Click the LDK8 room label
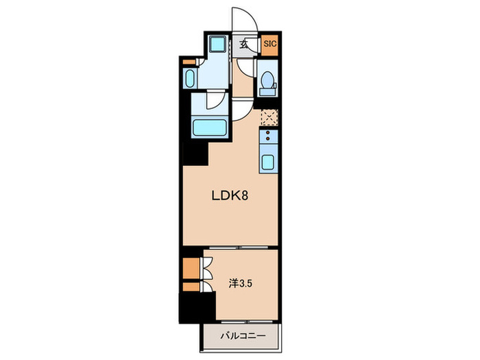coord(230,195)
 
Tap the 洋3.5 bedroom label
coord(241,284)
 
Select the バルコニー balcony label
coord(243,336)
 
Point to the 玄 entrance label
coord(244,45)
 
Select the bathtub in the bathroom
coord(210,128)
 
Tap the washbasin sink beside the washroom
coord(190,78)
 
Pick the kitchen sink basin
coord(267,162)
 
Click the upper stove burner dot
coord(268,133)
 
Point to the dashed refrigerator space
coord(269,117)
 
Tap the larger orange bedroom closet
coord(191,268)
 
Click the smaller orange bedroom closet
coord(191,287)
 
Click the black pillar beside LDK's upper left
coord(195,154)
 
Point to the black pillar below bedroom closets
coord(197,308)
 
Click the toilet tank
coord(267,91)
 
